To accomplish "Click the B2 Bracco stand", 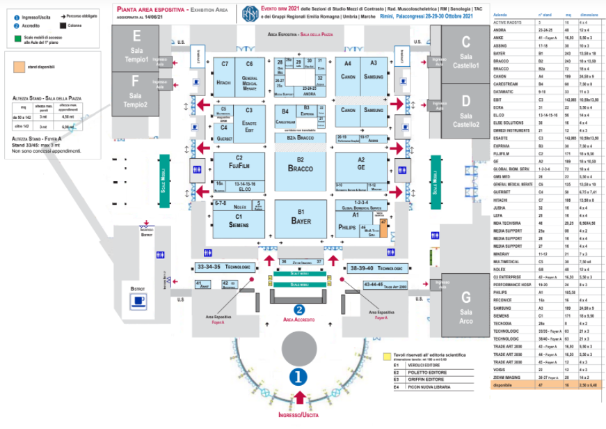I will coord(301,166).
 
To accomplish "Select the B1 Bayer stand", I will coord(301,217).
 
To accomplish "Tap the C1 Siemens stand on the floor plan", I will coord(239,222).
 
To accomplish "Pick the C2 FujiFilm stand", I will coord(239,163).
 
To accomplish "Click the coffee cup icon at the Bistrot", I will coord(157,302).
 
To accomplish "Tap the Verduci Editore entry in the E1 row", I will coord(423,364).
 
